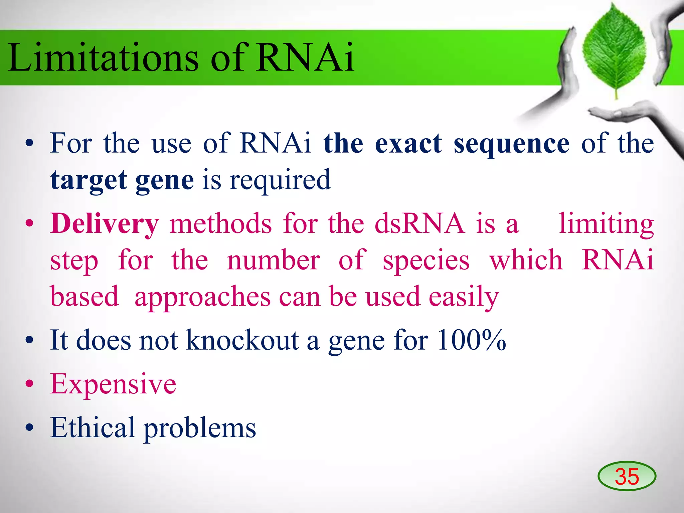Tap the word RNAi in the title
point(305,57)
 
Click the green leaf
point(614,50)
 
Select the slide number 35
point(627,477)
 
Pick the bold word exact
point(408,144)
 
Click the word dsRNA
point(419,224)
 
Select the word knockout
point(242,341)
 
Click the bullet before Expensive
point(30,384)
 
